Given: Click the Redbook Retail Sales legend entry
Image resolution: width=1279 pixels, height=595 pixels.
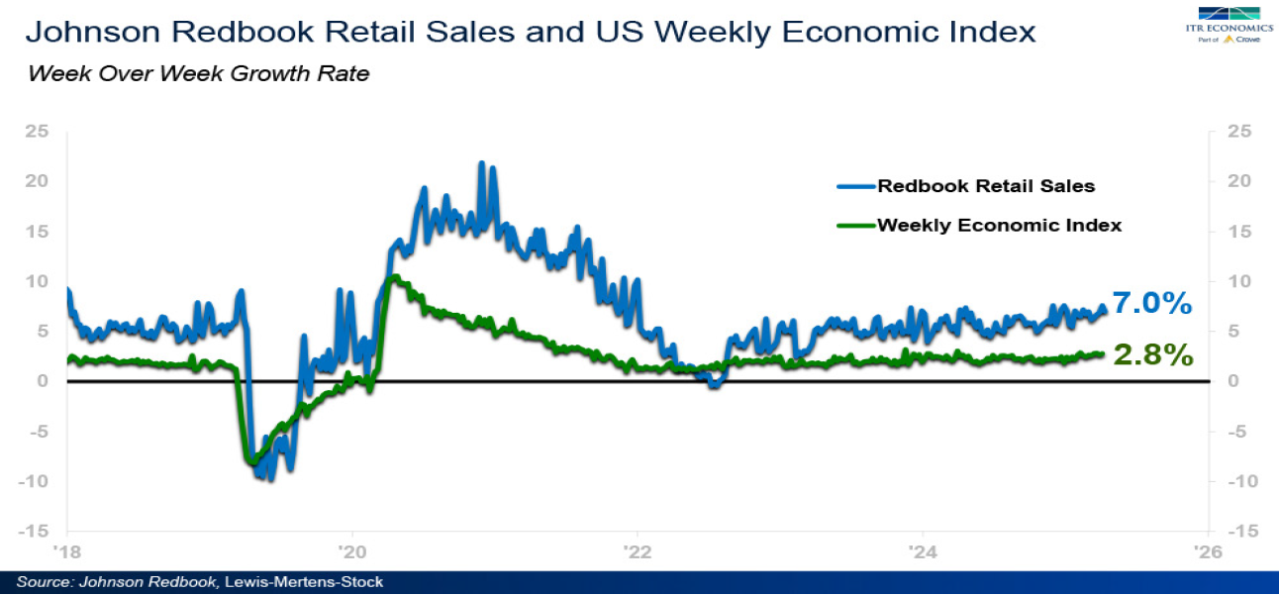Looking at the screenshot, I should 984,185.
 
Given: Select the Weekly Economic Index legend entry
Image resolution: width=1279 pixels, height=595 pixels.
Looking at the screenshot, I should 998,225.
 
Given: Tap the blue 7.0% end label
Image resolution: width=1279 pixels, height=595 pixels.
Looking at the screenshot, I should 1151,303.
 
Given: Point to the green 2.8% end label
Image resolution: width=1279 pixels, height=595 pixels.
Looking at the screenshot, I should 1153,355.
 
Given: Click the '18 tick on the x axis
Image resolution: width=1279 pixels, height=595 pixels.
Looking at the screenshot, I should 67,551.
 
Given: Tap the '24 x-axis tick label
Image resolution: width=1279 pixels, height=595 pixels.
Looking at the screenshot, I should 922,551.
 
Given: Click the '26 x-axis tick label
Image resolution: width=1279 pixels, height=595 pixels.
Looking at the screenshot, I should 1206,551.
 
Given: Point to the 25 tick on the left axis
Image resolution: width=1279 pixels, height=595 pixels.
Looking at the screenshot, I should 37,132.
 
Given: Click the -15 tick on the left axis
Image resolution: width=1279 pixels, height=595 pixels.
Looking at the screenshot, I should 34,532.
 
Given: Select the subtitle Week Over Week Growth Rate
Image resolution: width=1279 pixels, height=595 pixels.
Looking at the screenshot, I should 199,74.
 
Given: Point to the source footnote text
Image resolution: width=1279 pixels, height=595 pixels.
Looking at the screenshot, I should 199,582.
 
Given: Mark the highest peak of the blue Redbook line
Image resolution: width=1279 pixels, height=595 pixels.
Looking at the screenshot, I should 481,162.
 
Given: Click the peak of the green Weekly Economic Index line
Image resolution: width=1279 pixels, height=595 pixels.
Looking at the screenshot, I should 393,276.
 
